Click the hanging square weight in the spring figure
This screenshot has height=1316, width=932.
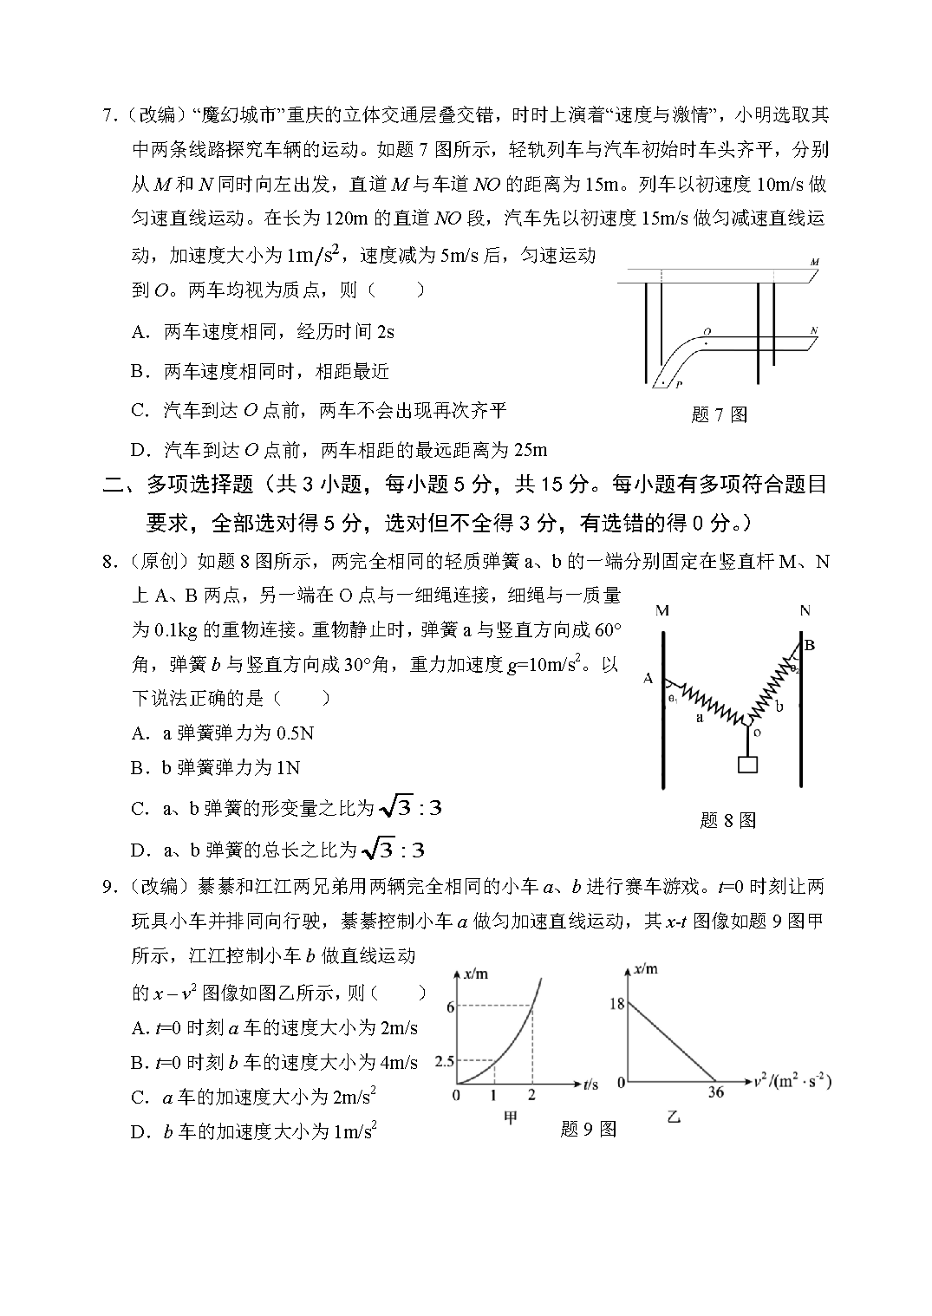click(746, 765)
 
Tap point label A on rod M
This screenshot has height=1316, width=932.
click(648, 679)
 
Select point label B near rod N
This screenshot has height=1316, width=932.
click(810, 645)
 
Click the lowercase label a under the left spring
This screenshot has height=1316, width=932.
click(699, 719)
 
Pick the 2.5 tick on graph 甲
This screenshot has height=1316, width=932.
click(445, 1061)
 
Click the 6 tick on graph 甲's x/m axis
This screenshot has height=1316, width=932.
click(451, 1007)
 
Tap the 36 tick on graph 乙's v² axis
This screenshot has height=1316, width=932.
click(717, 1092)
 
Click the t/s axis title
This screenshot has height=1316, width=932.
click(590, 1084)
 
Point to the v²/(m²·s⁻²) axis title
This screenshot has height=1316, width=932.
click(792, 1081)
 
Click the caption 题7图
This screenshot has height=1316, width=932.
click(719, 414)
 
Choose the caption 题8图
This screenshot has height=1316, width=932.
click(727, 820)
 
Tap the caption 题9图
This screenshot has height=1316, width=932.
click(588, 1129)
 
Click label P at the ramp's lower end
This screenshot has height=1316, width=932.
click(679, 382)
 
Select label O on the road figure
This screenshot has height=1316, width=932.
click(707, 331)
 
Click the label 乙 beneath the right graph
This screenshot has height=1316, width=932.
click(674, 1117)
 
